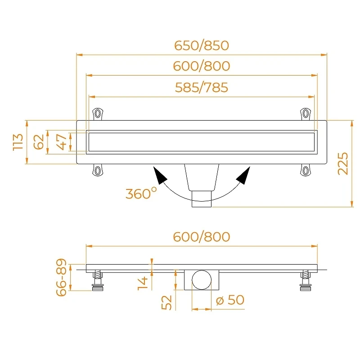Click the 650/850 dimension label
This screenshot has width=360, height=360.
[201, 45]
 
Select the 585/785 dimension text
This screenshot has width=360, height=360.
[201, 87]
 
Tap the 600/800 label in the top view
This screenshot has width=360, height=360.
[201, 66]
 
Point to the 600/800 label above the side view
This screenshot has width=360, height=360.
[201, 237]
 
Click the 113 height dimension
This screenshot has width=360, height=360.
[18, 142]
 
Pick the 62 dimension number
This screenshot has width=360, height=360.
[39, 142]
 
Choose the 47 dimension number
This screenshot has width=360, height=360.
[61, 142]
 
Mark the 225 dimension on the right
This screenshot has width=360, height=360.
[343, 163]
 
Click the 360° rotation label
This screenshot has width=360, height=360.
[141, 193]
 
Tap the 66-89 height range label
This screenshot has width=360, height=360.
[61, 277]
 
